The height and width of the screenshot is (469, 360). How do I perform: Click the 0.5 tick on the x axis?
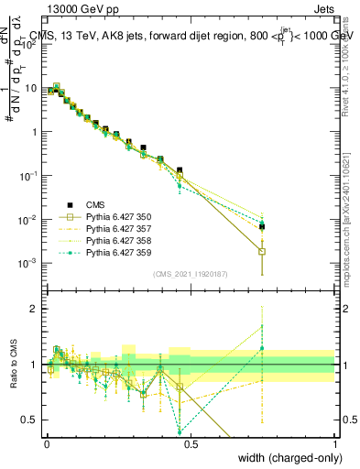coord(191,444)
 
